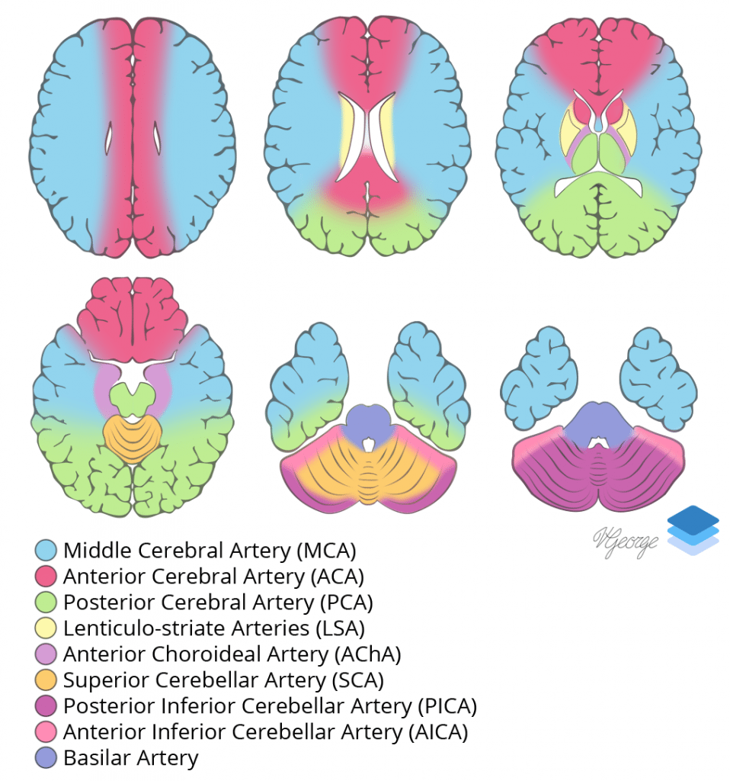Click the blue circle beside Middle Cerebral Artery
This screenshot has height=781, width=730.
tap(47, 550)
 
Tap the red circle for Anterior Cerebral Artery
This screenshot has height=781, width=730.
tap(47, 576)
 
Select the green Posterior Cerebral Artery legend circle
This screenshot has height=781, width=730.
tap(47, 603)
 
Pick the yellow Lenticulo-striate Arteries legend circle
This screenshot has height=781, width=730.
tap(47, 628)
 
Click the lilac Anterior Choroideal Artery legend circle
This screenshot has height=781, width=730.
tap(47, 654)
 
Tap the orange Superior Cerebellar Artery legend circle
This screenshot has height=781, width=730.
tap(47, 680)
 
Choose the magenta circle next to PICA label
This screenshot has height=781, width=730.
tap(47, 706)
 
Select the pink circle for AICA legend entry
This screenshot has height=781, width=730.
tap(47, 732)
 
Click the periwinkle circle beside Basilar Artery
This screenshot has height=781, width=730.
tap(47, 758)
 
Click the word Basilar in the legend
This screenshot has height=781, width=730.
tap(96, 758)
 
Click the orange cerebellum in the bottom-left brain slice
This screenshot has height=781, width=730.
tap(133, 439)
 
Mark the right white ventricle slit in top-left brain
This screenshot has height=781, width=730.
tap(158, 139)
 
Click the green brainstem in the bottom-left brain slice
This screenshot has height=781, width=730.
tap(133, 397)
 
